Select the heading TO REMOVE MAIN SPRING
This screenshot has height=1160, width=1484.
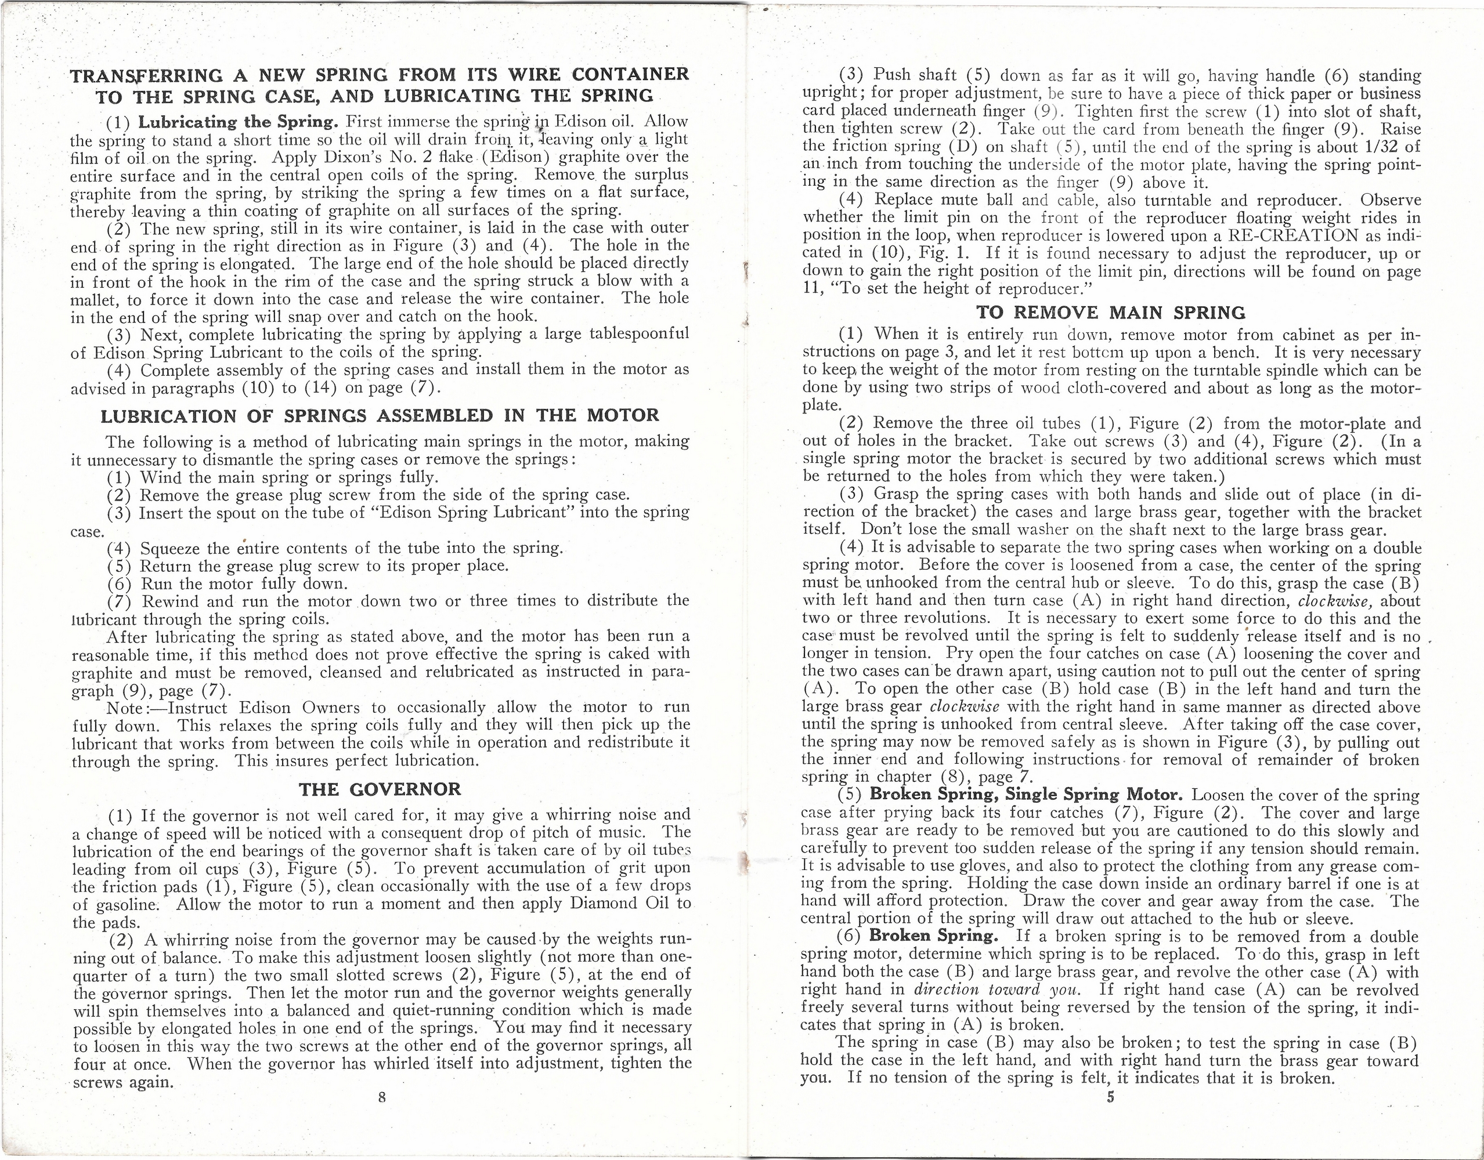point(1110,313)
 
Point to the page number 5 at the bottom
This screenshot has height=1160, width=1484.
point(1110,1097)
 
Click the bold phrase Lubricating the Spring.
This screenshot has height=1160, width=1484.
point(238,123)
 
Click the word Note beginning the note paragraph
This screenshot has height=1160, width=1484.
point(124,708)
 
